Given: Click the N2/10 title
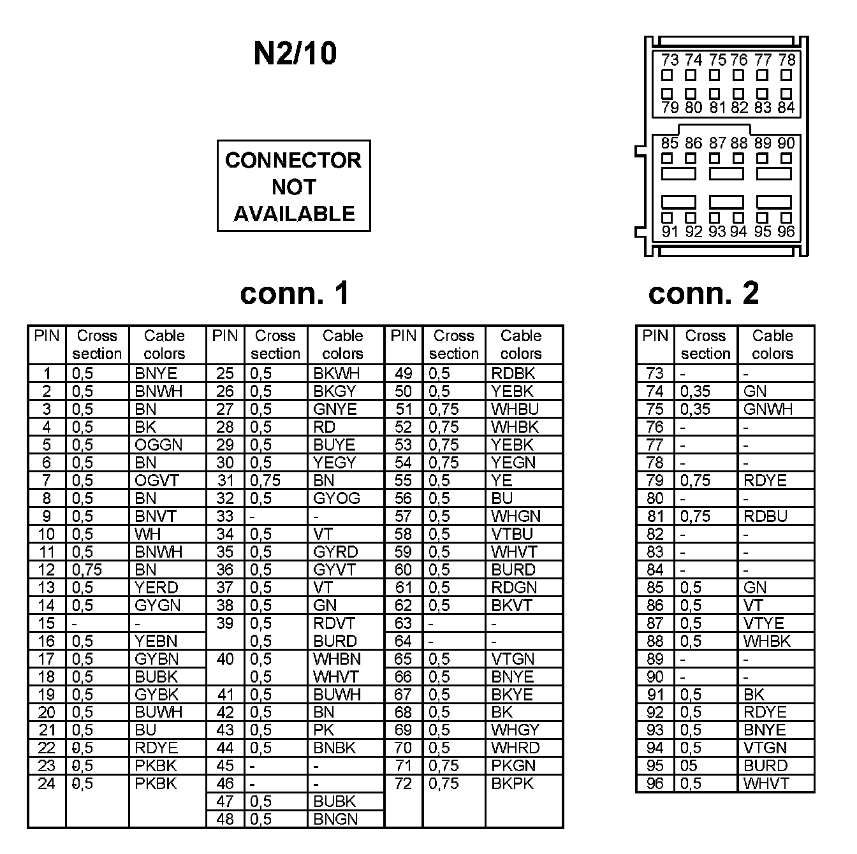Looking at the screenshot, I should pos(295,54).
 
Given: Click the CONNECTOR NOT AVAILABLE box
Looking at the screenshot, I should pos(293,186).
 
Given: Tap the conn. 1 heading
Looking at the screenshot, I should pos(295,293).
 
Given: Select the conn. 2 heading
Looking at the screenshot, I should pos(703,293).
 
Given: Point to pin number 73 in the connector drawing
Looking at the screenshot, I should pos(669,61).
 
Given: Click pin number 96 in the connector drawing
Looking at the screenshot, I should pos(786,232).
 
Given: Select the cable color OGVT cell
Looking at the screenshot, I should pos(157,481).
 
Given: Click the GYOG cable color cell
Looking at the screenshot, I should pos(337,498).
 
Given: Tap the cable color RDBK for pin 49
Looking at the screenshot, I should pos(513,373).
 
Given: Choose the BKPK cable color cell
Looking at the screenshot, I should pos(513,783).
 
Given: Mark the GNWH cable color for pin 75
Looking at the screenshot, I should pos(768,409).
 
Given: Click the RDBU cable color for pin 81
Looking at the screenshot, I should pos(765,516).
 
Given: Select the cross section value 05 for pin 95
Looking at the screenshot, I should pos(689,765).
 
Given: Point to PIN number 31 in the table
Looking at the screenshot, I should pos(225,481).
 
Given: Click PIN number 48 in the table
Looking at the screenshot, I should pos(225,819).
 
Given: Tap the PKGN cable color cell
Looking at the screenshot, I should pos(513,765).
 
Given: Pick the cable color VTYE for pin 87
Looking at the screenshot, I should pos(764,623).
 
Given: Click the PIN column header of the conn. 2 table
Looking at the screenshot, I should pos(655,337).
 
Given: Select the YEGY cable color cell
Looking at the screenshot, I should pos(335,463).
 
